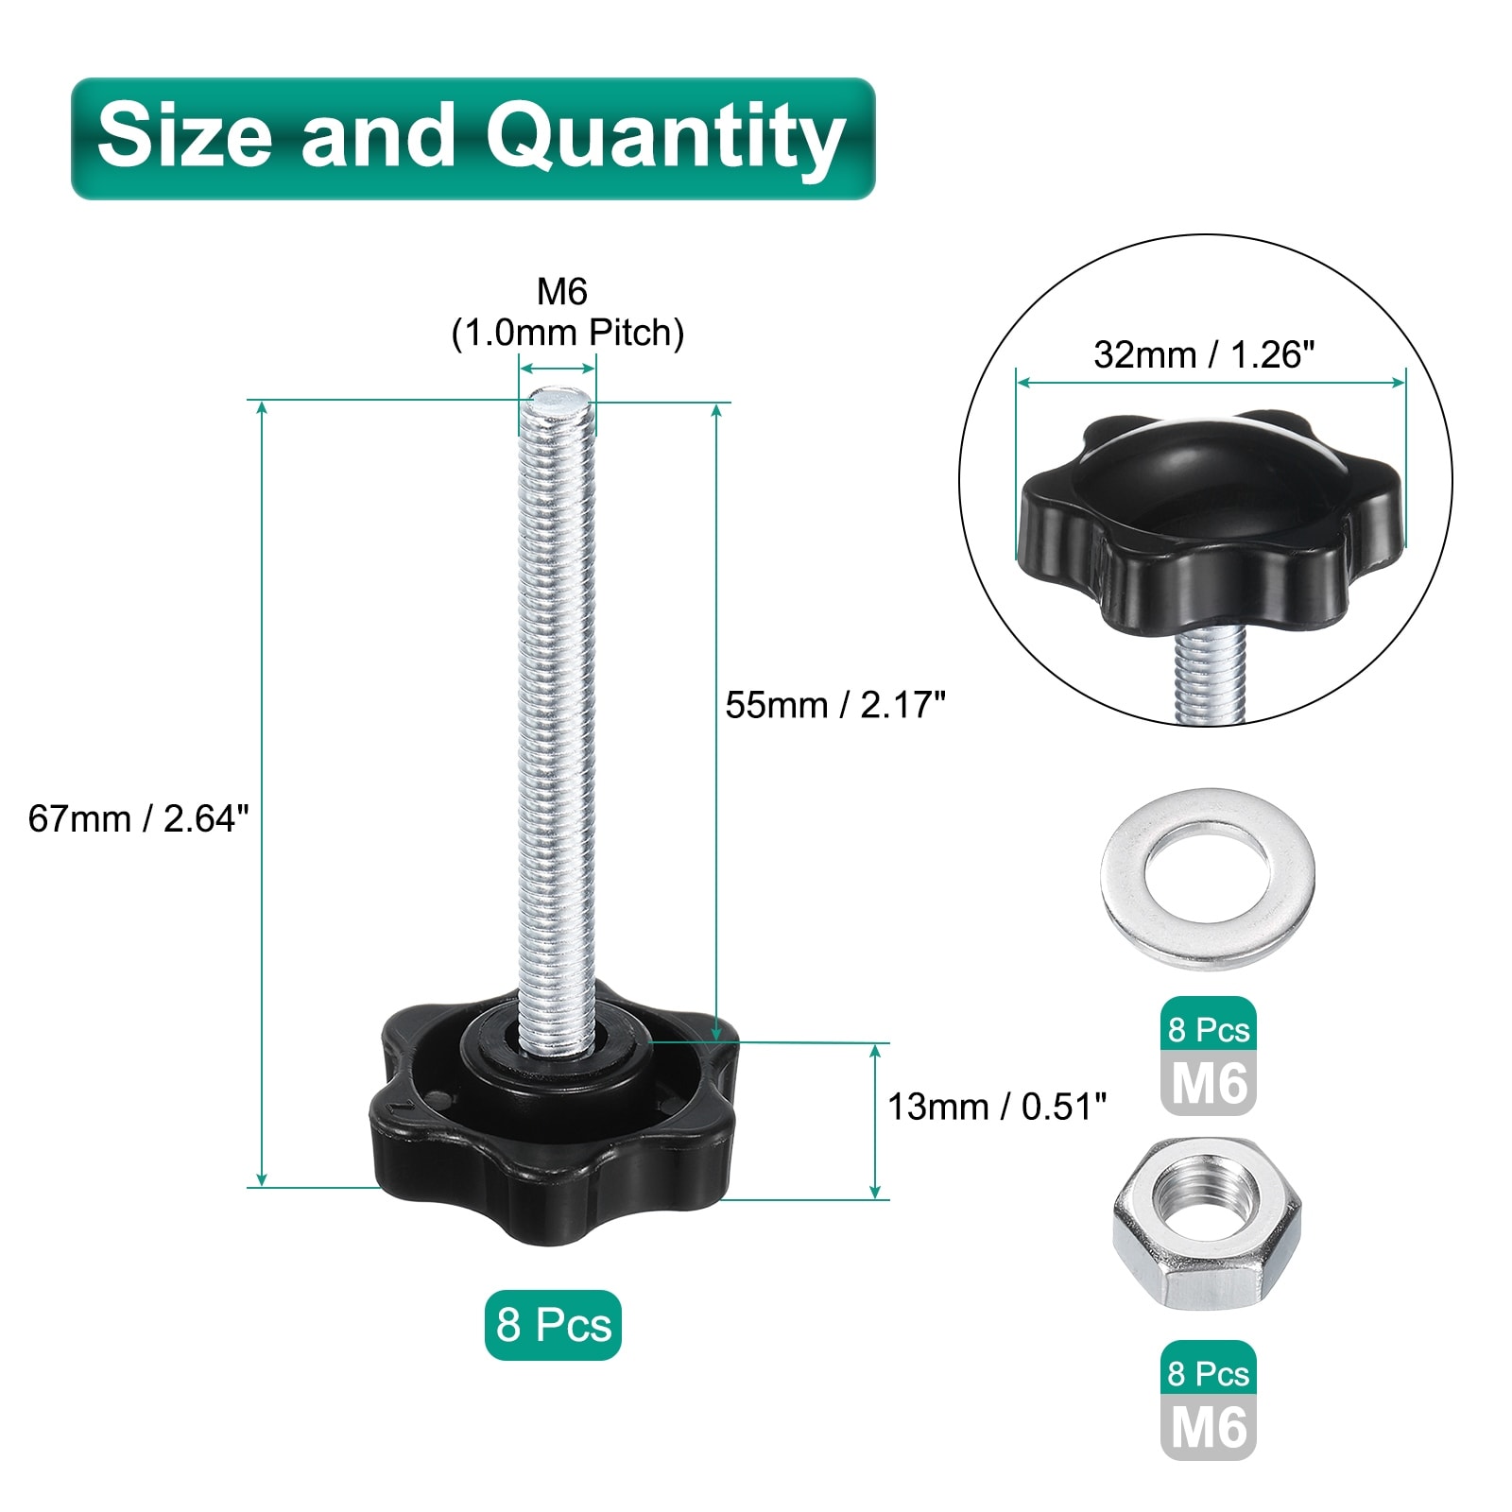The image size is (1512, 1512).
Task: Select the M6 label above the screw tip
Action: [562, 292]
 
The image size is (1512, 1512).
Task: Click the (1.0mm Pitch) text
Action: [568, 333]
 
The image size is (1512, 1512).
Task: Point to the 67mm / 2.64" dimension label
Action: [139, 818]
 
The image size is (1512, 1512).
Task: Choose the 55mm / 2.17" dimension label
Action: [835, 705]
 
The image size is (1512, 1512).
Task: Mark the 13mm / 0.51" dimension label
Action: [996, 1107]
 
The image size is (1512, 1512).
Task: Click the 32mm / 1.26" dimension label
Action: [1204, 354]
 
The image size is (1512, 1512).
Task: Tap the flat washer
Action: [1208, 878]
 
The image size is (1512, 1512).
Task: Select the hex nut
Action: [1207, 1224]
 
